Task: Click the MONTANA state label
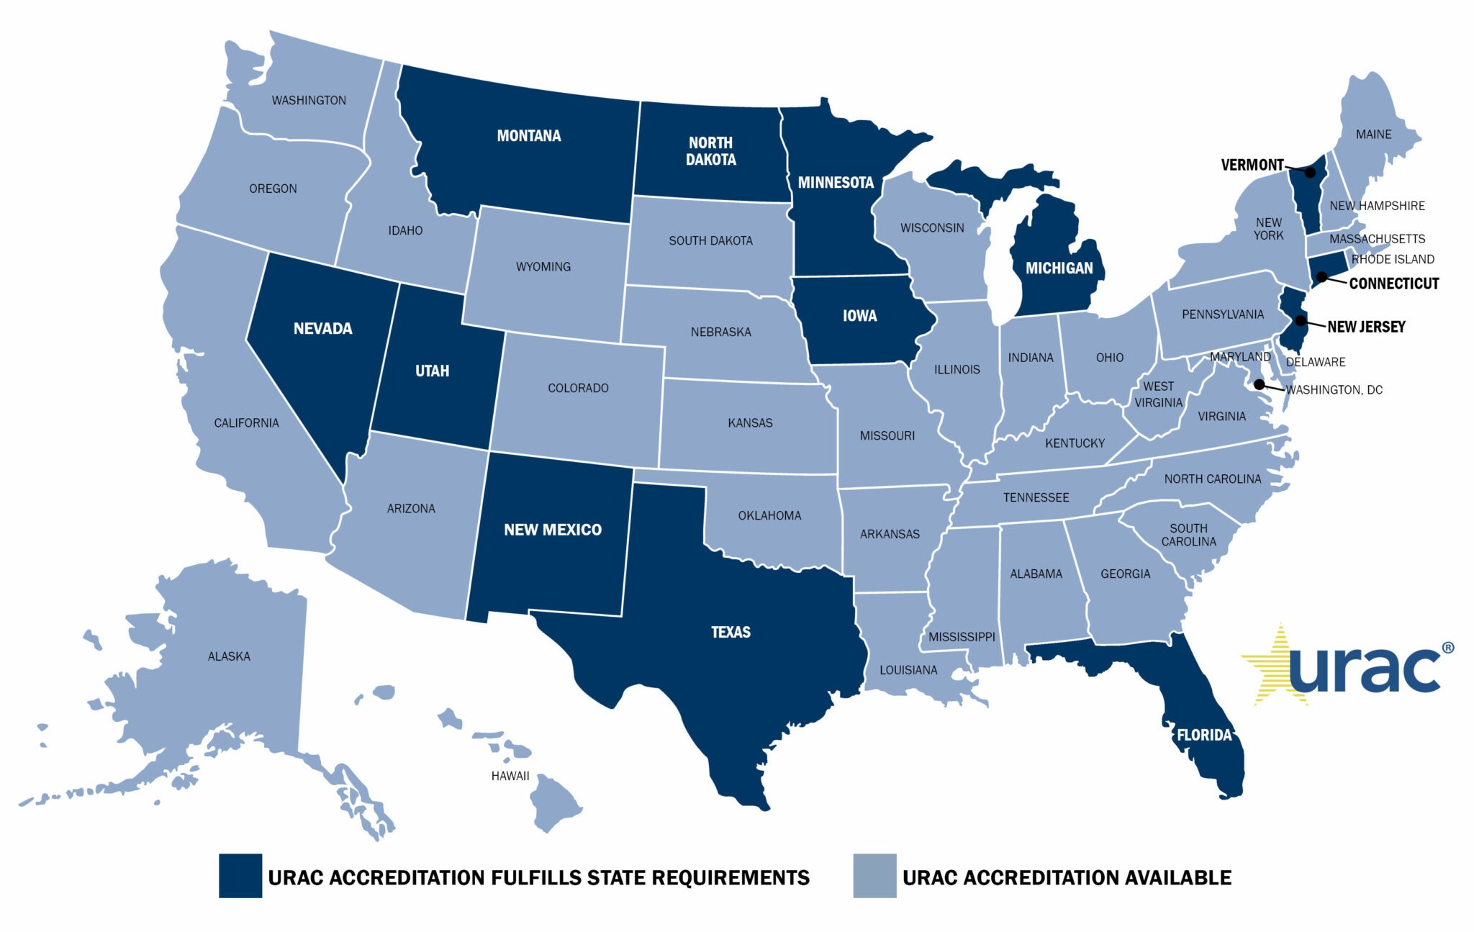click(x=528, y=136)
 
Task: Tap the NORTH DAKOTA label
click(x=710, y=151)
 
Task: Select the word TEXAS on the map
click(x=731, y=632)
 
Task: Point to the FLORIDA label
click(x=1204, y=735)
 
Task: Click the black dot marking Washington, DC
click(x=1259, y=384)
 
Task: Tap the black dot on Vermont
click(x=1311, y=173)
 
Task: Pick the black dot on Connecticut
click(x=1321, y=276)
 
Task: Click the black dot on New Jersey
click(x=1301, y=320)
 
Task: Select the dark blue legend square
click(x=240, y=876)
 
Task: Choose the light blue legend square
click(x=874, y=876)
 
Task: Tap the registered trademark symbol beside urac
click(x=1448, y=648)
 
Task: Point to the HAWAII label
click(x=510, y=776)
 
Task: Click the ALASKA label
click(x=229, y=656)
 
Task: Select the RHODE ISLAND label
click(x=1393, y=259)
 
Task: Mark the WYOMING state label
click(x=543, y=267)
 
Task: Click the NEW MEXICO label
click(x=552, y=530)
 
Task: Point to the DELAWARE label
click(x=1315, y=362)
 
